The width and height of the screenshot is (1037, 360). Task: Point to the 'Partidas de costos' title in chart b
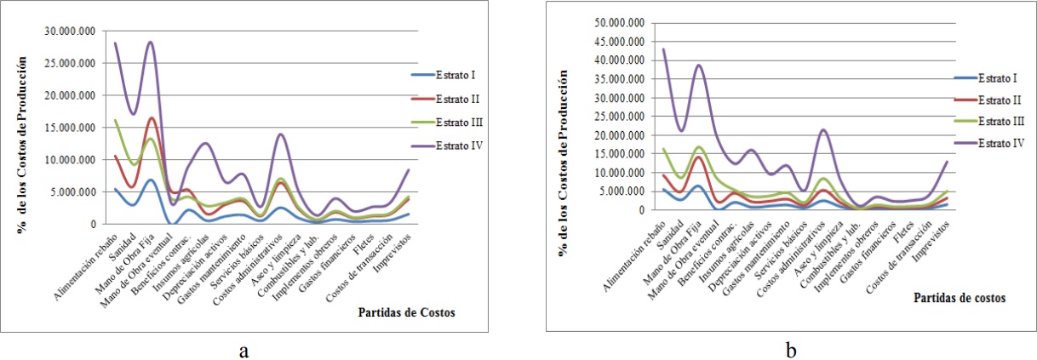959,299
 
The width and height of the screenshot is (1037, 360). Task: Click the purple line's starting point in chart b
639,49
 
